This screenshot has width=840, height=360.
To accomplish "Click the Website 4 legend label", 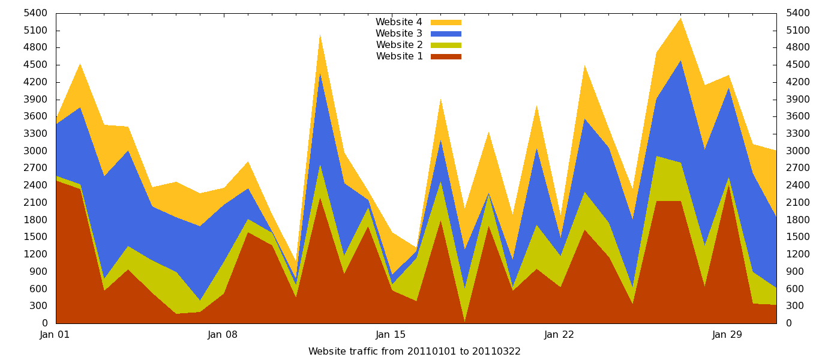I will click(x=398, y=22).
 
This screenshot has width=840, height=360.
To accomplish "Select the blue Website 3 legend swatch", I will click(x=446, y=34).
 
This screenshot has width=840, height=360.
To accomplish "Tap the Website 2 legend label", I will click(x=399, y=45).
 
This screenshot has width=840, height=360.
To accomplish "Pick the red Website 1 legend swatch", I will click(x=446, y=56).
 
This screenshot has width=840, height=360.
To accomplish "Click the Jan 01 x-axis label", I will click(x=55, y=335).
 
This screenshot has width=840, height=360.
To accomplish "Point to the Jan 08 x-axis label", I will click(x=223, y=335).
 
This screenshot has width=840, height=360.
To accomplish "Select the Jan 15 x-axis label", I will click(x=391, y=335).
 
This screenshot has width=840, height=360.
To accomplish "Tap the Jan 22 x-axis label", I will click(x=559, y=335).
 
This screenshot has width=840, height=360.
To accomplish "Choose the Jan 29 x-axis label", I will click(x=727, y=335).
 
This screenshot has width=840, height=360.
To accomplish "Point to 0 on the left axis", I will click(x=44, y=323).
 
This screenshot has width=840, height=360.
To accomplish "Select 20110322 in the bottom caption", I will click(x=498, y=352).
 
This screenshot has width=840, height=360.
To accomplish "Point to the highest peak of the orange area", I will click(x=680, y=18).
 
